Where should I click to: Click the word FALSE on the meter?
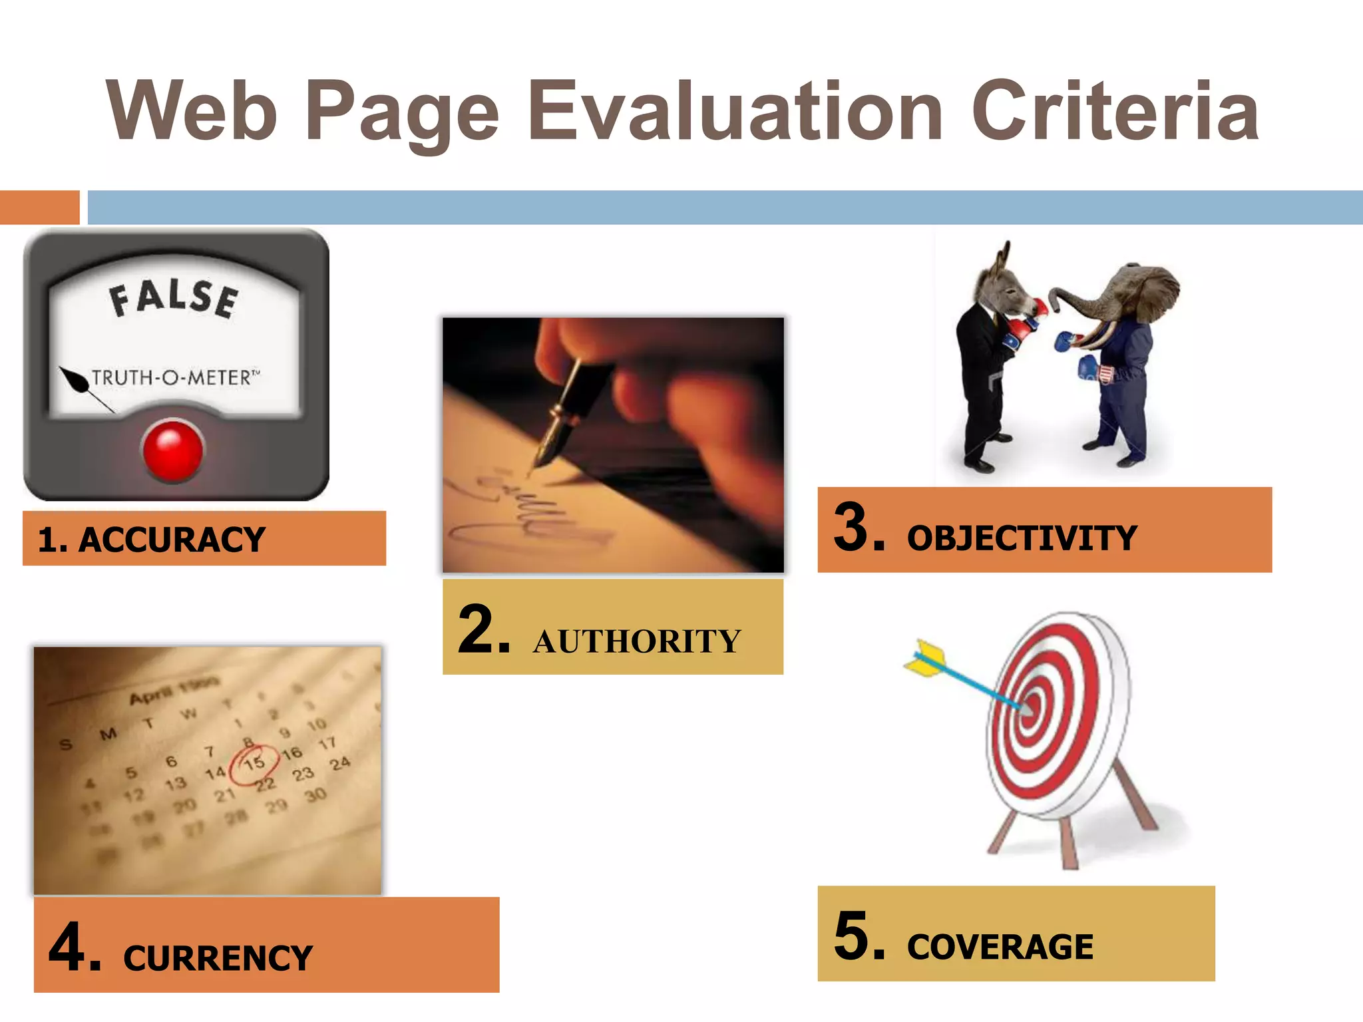click(x=174, y=298)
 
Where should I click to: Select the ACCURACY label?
click(x=172, y=540)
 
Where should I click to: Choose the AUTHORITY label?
click(x=636, y=642)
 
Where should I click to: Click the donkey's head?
click(x=1002, y=283)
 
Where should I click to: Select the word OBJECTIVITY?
click(x=1022, y=538)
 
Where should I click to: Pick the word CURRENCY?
click(x=218, y=958)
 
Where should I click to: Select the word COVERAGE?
click(x=1000, y=947)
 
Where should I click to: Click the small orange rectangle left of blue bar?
click(x=39, y=208)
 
